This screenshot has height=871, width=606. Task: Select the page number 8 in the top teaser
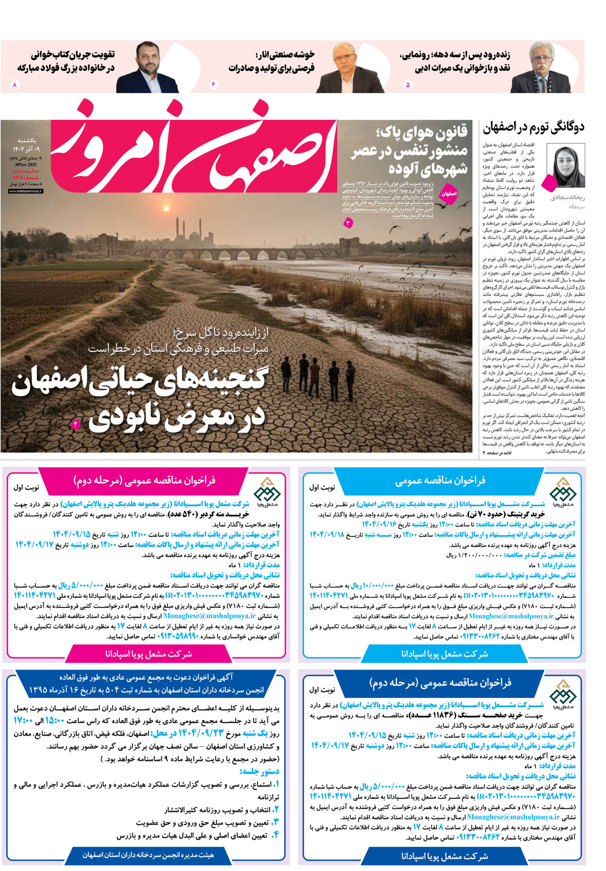point(15,84)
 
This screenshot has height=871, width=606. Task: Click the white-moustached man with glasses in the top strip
point(540,68)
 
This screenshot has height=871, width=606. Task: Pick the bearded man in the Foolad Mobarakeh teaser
point(147,68)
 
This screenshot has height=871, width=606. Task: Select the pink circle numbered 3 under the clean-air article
point(348,222)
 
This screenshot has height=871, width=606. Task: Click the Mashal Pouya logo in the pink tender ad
point(266,490)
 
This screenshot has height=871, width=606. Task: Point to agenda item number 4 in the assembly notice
point(275,836)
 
